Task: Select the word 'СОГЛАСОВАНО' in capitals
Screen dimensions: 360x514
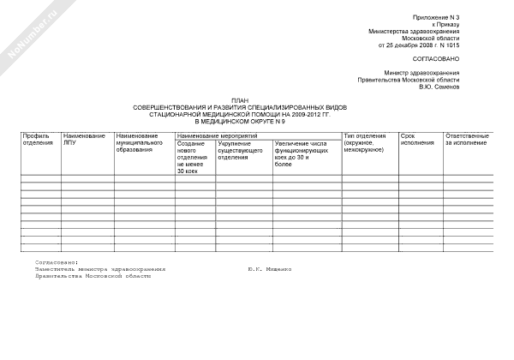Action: (437, 58)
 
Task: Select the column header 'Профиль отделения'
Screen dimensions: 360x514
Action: (39, 140)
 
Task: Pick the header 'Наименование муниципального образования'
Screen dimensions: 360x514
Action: (141, 143)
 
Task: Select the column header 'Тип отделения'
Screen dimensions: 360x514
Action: (364, 142)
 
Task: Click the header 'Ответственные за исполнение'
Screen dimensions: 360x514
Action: (467, 140)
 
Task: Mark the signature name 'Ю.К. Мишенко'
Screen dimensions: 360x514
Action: (269, 268)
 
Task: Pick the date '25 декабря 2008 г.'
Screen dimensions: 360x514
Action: (403, 45)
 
